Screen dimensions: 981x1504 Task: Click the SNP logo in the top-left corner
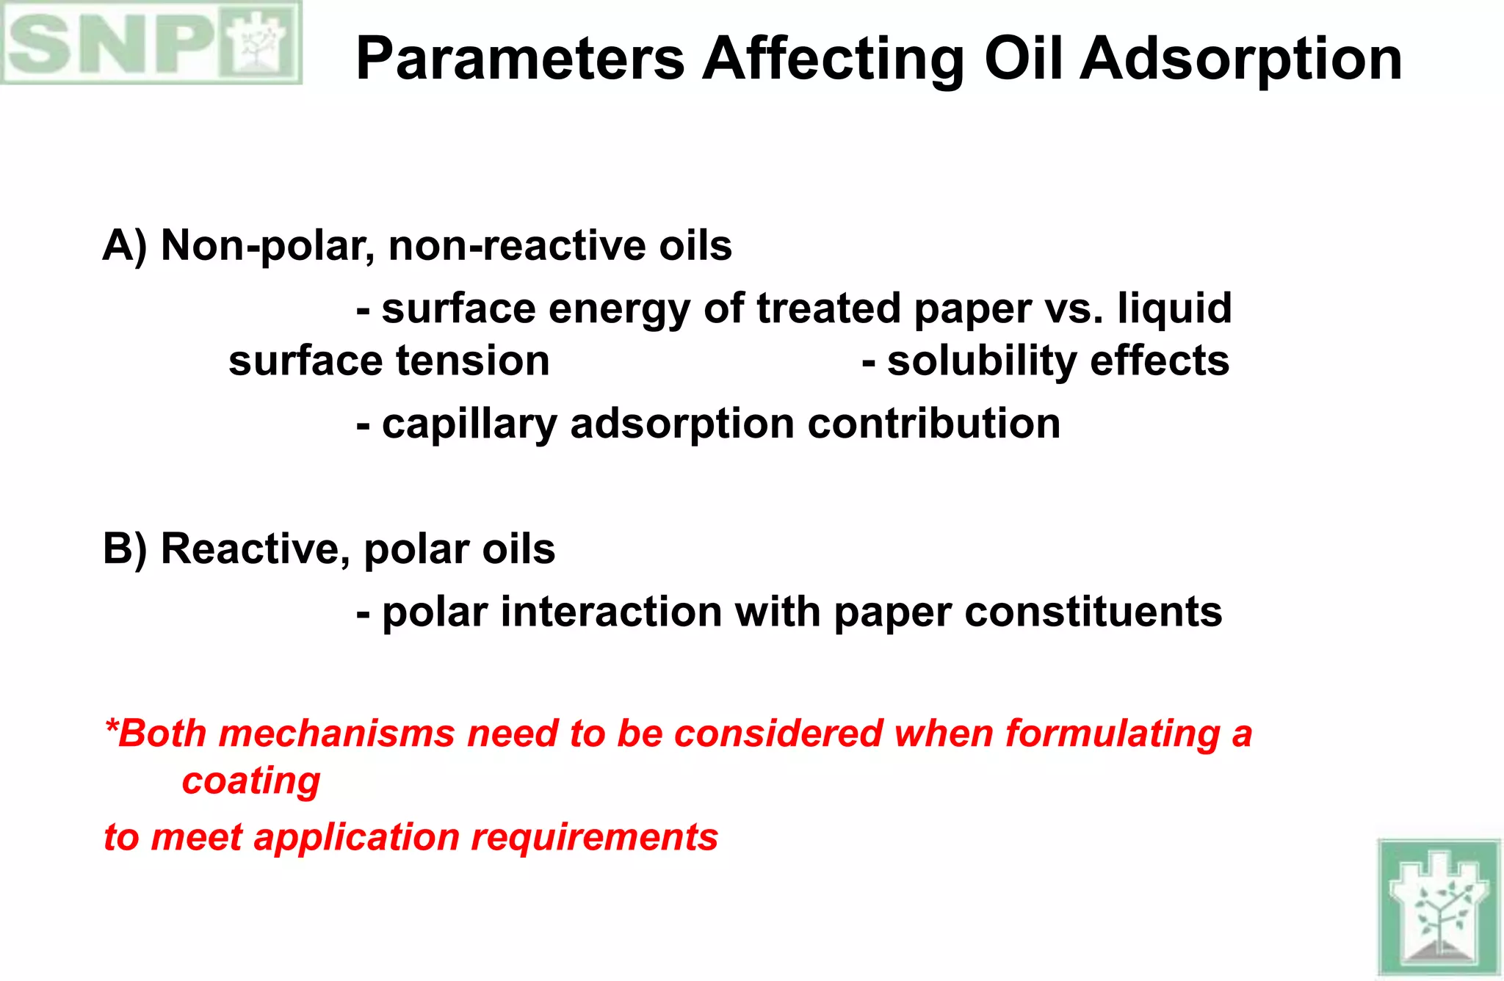pos(151,43)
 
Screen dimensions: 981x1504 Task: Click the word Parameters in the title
pos(520,59)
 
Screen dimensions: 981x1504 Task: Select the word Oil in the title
pos(1023,59)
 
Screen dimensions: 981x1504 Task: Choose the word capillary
pos(469,424)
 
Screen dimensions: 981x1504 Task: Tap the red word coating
pos(251,781)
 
